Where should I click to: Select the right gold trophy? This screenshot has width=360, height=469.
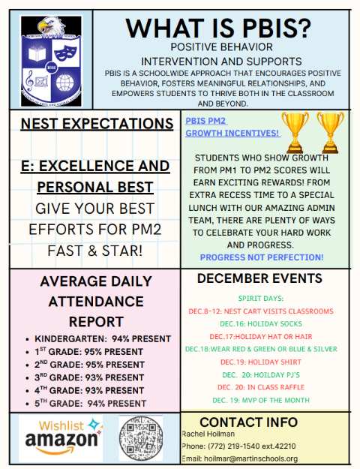tap(331, 131)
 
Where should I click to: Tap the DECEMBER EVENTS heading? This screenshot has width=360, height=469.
tap(259, 279)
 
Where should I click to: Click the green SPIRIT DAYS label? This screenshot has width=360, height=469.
tap(259, 298)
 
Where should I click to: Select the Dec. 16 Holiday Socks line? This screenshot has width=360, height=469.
tap(259, 323)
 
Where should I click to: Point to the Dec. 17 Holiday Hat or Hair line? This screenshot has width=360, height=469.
tap(259, 336)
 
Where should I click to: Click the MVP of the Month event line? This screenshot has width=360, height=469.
tap(259, 400)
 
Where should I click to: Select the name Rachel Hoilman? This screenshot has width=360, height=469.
tap(208, 434)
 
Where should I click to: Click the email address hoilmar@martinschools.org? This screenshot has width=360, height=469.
tap(240, 458)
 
